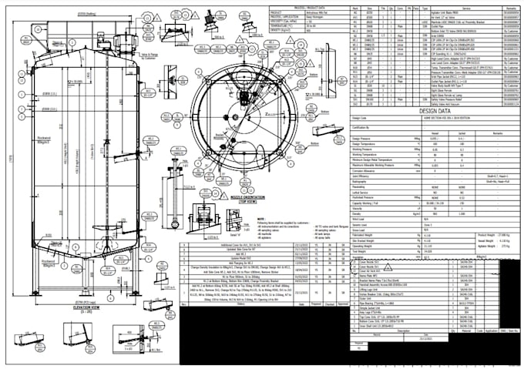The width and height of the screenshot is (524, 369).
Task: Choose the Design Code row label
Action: (361, 118)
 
